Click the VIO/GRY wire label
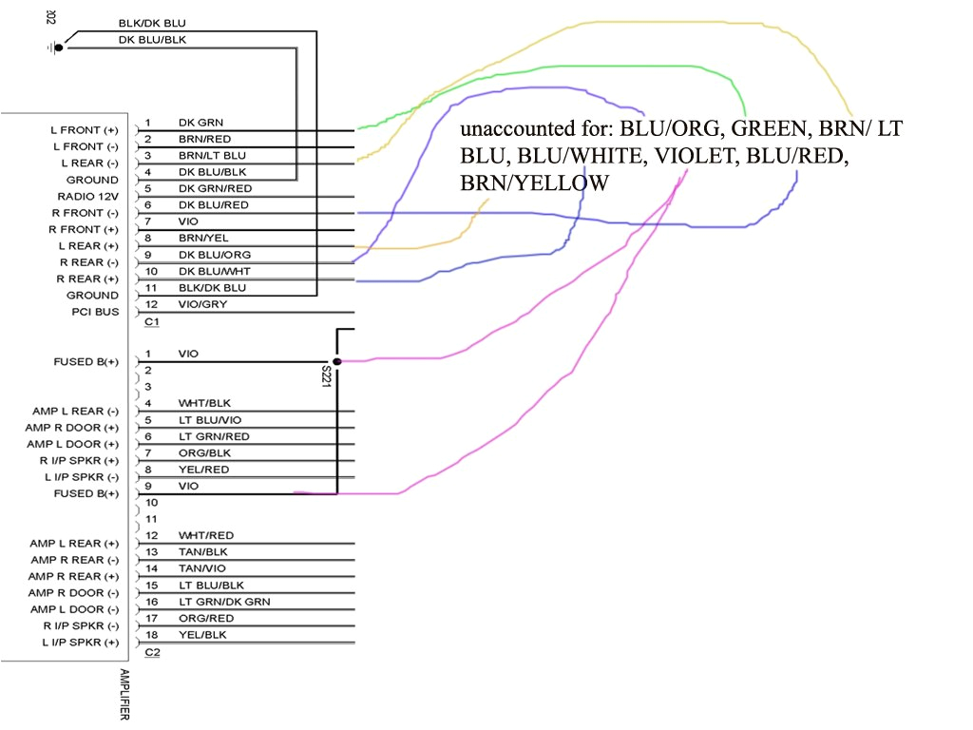[202, 304]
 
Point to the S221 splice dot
[337, 362]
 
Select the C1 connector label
[151, 322]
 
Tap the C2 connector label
[151, 652]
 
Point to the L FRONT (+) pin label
[85, 129]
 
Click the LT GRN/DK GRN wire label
[224, 601]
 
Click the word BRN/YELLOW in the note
[534, 182]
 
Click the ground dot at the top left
[59, 47]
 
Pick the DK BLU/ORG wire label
[214, 255]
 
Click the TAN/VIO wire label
[201, 567]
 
